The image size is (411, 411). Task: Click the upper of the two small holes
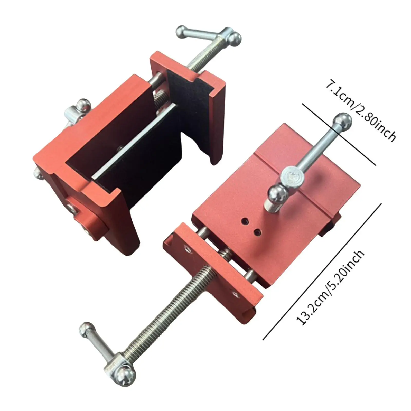(244, 221)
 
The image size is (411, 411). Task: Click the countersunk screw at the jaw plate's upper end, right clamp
(187, 248)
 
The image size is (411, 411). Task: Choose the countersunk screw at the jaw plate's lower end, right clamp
(235, 293)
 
